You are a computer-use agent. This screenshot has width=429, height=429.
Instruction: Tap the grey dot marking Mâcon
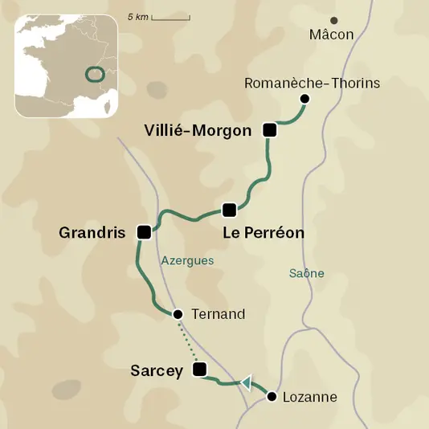(x=334, y=20)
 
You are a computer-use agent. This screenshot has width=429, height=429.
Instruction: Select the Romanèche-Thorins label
(x=312, y=84)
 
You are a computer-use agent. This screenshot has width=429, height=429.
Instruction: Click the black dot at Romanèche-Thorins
(x=304, y=99)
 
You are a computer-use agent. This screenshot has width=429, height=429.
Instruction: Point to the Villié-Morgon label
(x=198, y=130)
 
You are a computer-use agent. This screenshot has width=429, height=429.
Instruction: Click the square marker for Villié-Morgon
(x=270, y=130)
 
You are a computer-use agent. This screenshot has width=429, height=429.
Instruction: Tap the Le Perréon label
(x=264, y=233)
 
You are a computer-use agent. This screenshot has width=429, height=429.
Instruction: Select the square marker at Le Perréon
(x=229, y=210)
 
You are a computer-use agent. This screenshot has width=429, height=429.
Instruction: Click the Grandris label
(x=92, y=233)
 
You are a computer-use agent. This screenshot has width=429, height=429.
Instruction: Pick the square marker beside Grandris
(x=144, y=232)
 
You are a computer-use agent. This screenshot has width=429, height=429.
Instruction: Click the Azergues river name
(x=188, y=261)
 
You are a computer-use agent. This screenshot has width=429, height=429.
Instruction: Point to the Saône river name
(x=306, y=273)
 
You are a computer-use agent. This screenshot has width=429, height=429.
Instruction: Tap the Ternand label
(x=219, y=314)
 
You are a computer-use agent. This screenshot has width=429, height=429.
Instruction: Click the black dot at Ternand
(x=178, y=314)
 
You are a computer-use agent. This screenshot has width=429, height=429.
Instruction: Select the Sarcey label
(x=157, y=370)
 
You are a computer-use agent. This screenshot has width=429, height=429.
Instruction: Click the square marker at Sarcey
(x=200, y=370)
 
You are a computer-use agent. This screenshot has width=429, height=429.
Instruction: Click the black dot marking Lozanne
(x=272, y=397)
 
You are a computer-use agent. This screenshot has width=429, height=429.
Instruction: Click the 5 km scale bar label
(x=137, y=17)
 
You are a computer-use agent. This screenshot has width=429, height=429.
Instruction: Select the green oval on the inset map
(x=95, y=76)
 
